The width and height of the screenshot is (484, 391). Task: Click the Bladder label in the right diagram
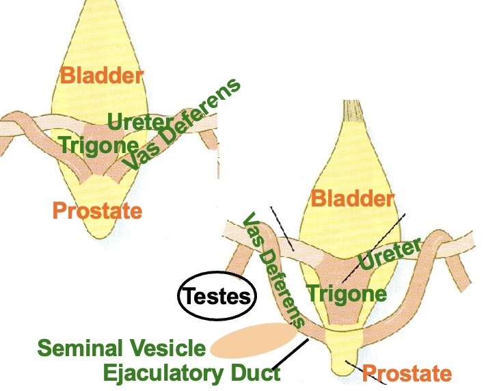click(353, 199)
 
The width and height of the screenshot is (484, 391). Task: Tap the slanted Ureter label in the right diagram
click(388, 255)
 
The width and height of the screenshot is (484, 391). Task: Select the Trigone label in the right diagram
click(347, 294)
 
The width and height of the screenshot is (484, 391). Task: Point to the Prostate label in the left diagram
click(97, 211)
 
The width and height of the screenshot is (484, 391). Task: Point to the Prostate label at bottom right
click(407, 373)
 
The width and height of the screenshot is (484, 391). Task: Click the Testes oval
click(216, 296)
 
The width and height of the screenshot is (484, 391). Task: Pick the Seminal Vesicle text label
click(122, 348)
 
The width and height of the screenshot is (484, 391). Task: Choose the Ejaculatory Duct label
click(191, 373)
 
